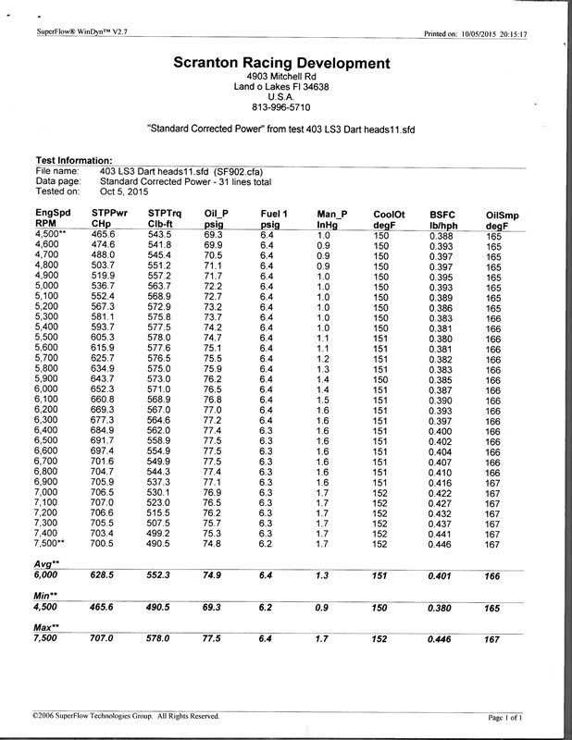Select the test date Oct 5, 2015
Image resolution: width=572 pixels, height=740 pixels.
(x=124, y=191)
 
